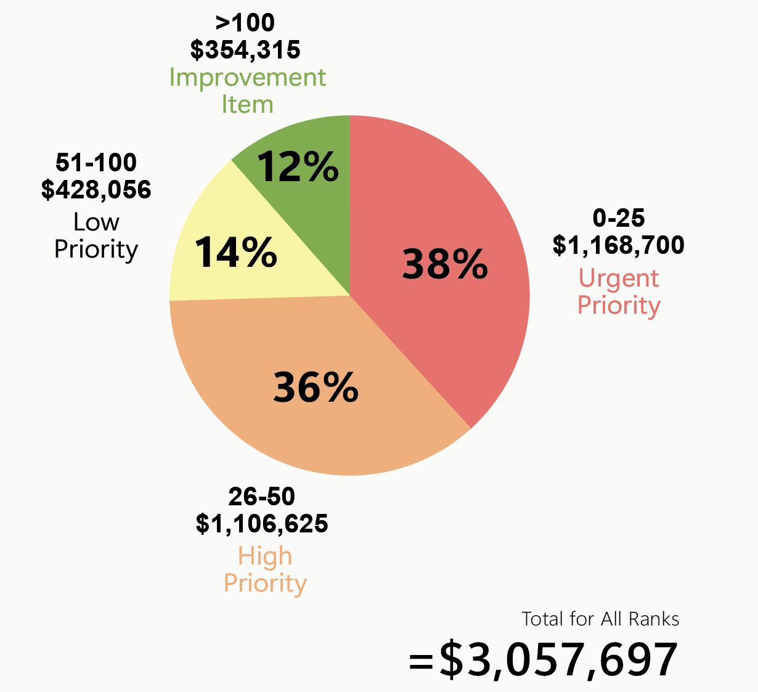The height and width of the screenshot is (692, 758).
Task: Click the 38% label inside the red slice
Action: click(x=445, y=264)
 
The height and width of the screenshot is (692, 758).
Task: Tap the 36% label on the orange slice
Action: click(x=316, y=388)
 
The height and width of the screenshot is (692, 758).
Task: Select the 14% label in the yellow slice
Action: click(x=236, y=252)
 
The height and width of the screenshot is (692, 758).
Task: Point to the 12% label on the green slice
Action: click(x=298, y=166)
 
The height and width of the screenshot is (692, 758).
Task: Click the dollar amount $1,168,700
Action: click(x=618, y=245)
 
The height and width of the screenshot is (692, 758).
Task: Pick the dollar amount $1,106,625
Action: click(x=262, y=524)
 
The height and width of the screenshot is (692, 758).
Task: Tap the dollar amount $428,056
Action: click(x=96, y=190)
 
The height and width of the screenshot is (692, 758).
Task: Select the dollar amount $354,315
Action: click(x=245, y=50)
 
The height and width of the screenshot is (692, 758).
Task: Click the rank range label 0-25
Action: click(x=619, y=218)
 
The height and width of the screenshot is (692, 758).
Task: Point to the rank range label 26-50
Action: click(x=262, y=496)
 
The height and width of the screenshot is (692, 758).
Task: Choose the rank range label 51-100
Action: click(x=96, y=163)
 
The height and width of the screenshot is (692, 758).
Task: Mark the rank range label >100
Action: click(x=245, y=23)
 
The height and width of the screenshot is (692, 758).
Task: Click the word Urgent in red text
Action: click(x=619, y=279)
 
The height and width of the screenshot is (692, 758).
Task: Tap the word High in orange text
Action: click(x=265, y=556)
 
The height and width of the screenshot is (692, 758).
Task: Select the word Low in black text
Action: click(x=96, y=222)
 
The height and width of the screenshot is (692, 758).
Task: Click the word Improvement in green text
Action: click(x=248, y=78)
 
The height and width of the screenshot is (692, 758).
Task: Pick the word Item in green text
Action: click(x=247, y=105)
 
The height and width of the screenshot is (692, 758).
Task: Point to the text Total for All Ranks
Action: click(x=600, y=619)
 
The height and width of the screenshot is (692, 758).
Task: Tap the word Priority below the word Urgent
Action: click(x=619, y=306)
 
